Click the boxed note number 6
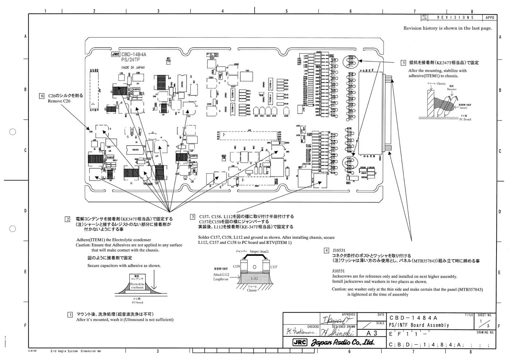tap(42, 96)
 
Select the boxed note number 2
tap(67, 219)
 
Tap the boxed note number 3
tap(192, 217)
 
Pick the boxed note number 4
tap(326, 250)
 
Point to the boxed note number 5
tap(403, 63)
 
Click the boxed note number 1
tap(70, 314)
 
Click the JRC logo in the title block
tap(300, 343)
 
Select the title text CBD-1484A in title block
tap(413, 318)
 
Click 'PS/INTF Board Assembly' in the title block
tap(419, 325)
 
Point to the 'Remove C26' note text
tap(59, 101)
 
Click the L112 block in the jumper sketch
tap(255, 278)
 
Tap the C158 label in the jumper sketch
tap(236, 267)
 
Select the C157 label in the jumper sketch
tap(274, 267)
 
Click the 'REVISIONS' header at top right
tap(455, 17)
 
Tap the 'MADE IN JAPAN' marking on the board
tap(133, 68)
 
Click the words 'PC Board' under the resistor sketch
tap(465, 119)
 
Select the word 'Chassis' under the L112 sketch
tap(252, 290)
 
